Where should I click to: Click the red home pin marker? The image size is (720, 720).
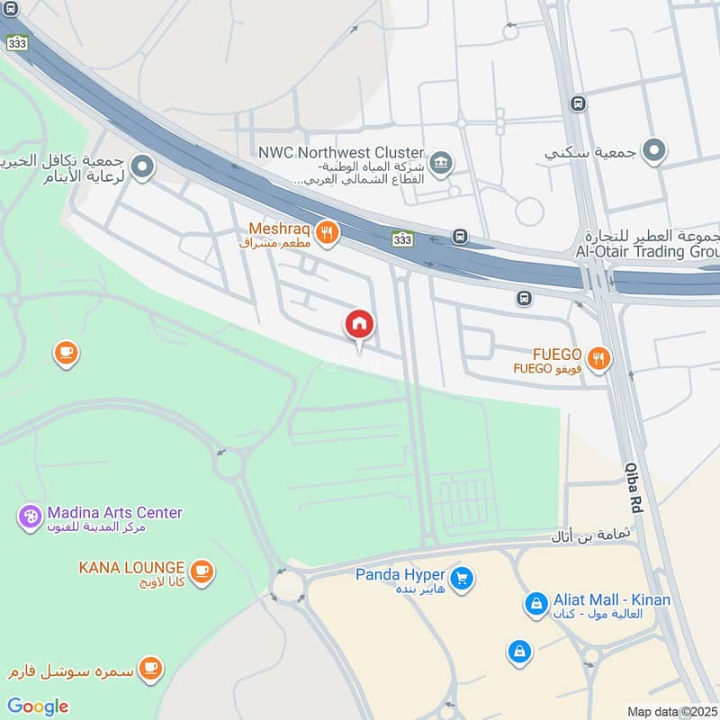pyautogui.click(x=360, y=325)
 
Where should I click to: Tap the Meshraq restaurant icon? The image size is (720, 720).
pyautogui.click(x=327, y=234)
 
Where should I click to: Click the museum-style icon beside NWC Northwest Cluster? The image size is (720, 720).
pyautogui.click(x=441, y=163)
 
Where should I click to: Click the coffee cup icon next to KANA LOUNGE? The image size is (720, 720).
pyautogui.click(x=202, y=570)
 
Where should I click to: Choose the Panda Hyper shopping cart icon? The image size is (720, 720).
pyautogui.click(x=463, y=579)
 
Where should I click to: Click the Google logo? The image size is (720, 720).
pyautogui.click(x=38, y=706)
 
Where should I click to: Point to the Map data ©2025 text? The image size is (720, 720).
pyautogui.click(x=670, y=711)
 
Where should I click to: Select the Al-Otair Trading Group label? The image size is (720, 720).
pyautogui.click(x=647, y=251)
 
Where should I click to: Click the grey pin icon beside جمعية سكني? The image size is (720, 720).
pyautogui.click(x=654, y=151)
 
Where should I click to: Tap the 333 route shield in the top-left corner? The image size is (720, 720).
pyautogui.click(x=17, y=41)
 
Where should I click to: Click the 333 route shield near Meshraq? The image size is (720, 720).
pyautogui.click(x=402, y=238)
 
